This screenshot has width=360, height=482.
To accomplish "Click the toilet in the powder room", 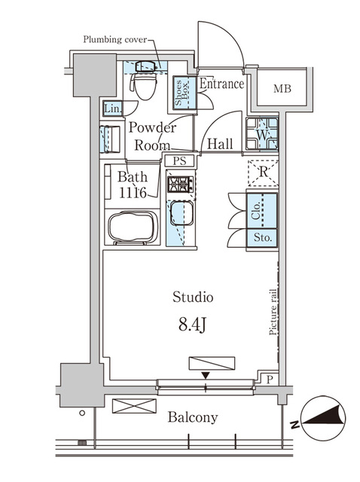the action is pos(144,81).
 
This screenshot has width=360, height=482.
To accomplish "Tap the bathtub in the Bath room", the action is pos(133,227).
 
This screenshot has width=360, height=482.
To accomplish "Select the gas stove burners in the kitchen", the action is pos(180,185).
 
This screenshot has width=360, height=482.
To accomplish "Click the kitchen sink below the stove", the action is pos(182,213).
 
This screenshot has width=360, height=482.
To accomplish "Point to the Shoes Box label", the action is pos(182,92).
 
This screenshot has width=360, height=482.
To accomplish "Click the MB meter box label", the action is pos(282,89).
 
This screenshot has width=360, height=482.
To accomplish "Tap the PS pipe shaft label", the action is pos(179,160).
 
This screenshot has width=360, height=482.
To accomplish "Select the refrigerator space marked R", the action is pos(263,172).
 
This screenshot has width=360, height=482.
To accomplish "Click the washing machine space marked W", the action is pos(262,134).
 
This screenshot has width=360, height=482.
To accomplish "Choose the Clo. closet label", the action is pos(256,211).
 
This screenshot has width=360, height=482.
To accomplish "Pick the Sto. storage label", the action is pos(262,238).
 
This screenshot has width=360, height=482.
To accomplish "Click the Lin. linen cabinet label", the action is pos(113,108).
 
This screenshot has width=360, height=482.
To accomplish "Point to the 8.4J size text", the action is pos(192,325).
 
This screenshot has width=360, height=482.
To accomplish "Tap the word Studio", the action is pos(193,297).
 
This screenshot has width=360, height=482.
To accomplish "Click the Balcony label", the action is pos(193,417).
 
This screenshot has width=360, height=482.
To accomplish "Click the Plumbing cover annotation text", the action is pos(115,40).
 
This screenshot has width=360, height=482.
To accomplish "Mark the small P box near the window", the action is pos(270,380).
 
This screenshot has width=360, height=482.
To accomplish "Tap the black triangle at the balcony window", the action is pos(206,375).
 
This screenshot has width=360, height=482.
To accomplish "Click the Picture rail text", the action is pos(273,312).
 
